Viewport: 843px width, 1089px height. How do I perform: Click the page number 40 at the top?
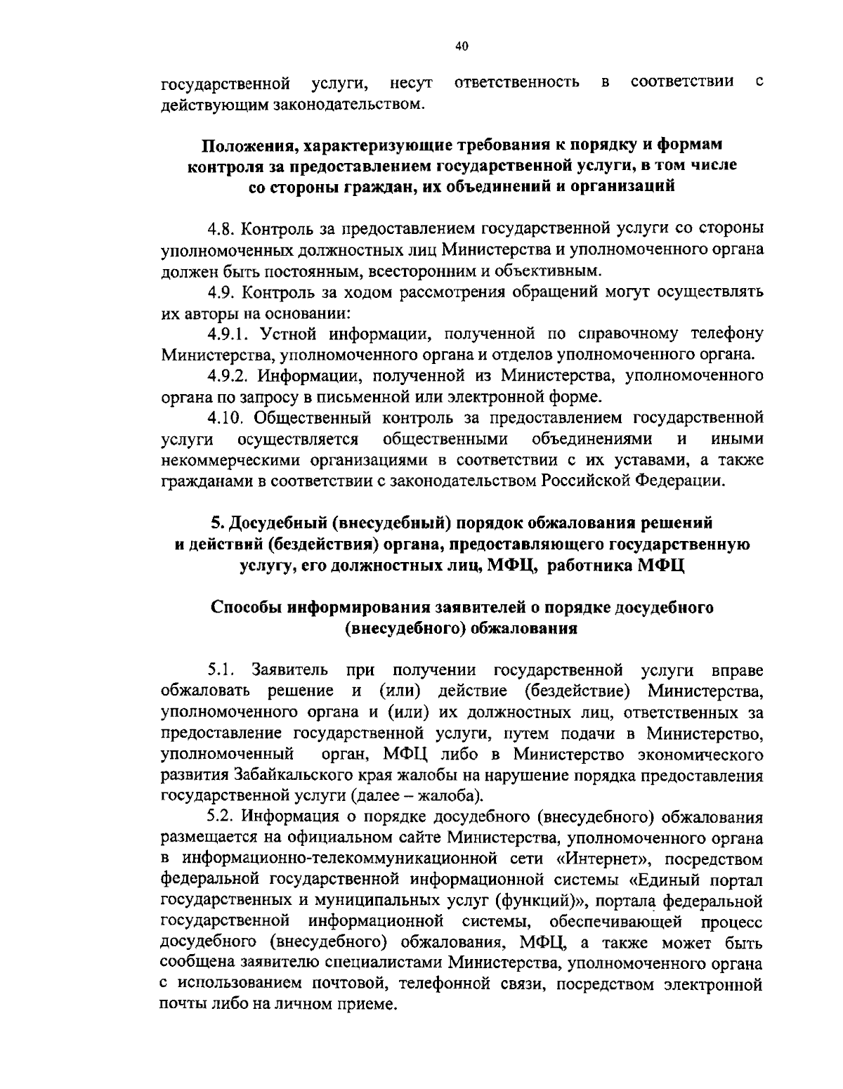[x=462, y=46]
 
